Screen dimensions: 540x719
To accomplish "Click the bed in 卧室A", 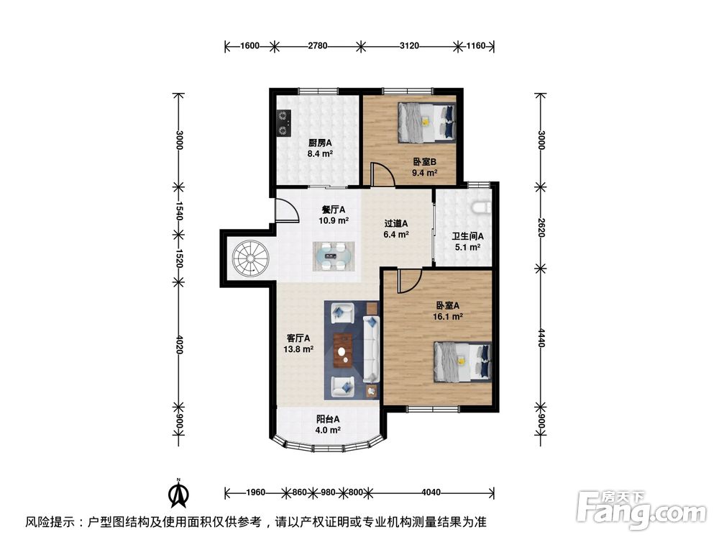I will tap(463, 361).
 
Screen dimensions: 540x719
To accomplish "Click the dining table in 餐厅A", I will tap(334, 256).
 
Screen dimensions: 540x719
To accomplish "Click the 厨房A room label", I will tap(320, 143).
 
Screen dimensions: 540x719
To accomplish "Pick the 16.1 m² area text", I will tap(447, 315).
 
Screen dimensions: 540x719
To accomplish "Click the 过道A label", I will tap(395, 223).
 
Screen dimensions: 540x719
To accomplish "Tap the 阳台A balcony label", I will tap(327, 419).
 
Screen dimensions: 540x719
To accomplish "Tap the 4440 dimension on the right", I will tap(541, 339).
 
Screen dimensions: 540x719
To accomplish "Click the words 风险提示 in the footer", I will tap(48, 521).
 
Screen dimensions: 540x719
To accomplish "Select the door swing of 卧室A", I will tap(407, 282).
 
